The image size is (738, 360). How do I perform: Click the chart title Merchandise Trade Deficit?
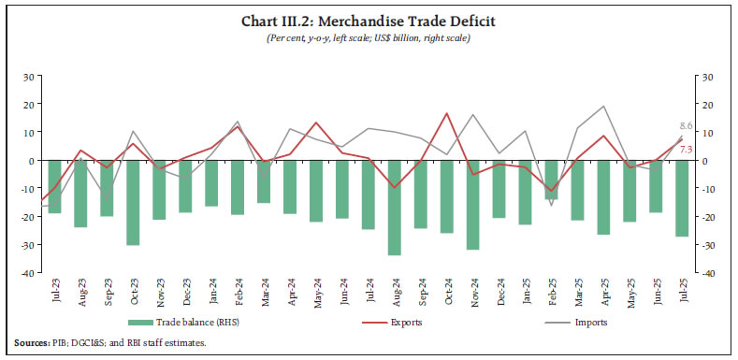[x=369, y=21]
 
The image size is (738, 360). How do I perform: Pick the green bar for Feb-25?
[x=551, y=180]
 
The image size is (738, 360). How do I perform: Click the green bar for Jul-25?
[x=682, y=198]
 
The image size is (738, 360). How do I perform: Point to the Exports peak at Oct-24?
[x=446, y=114]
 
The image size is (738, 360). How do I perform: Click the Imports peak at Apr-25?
[x=603, y=107]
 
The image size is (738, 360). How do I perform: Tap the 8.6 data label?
[x=685, y=125]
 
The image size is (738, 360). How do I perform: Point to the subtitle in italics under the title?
[x=369, y=37]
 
